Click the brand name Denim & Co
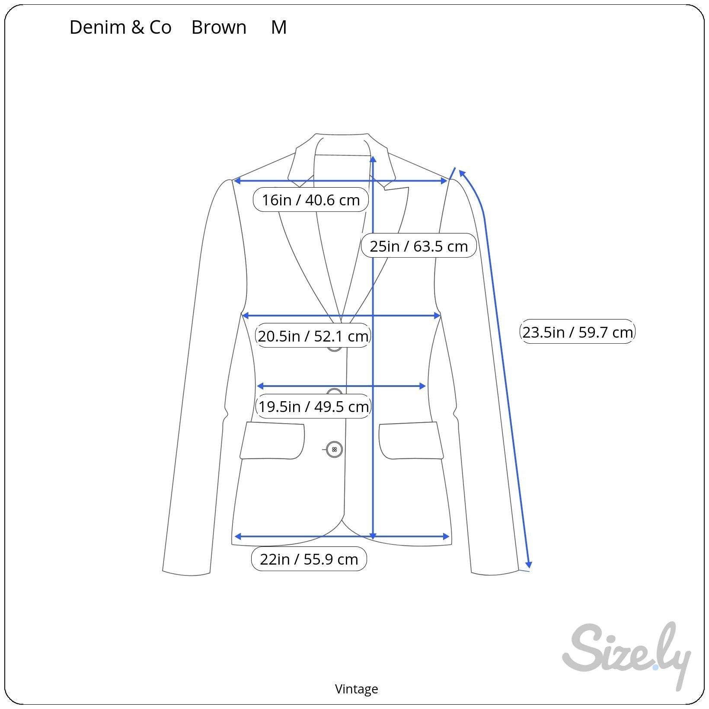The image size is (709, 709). (x=120, y=27)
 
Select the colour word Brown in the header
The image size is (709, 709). (x=219, y=27)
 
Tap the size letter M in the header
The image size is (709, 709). (x=279, y=27)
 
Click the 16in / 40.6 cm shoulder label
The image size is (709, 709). (x=311, y=200)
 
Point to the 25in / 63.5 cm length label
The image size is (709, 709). (x=418, y=246)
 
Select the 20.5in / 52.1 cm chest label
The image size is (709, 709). (x=313, y=336)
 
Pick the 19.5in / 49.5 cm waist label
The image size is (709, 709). (x=313, y=406)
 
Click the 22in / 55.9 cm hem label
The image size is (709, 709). (x=309, y=559)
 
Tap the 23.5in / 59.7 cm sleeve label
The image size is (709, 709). (x=578, y=332)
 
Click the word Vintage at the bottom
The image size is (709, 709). (x=357, y=689)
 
